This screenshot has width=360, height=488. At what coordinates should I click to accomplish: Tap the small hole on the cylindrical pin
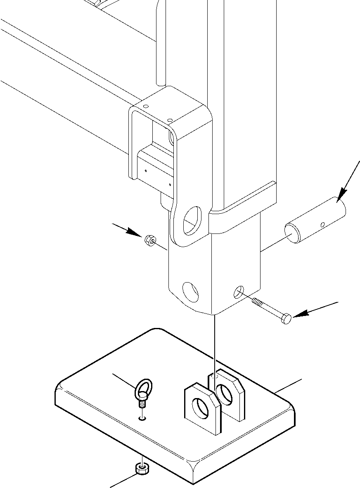tap(322, 225)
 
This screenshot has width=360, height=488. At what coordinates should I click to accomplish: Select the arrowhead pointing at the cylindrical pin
tap(342, 194)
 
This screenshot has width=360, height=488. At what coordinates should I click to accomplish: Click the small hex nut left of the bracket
tap(149, 240)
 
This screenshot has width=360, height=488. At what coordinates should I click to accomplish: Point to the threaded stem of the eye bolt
tap(142, 404)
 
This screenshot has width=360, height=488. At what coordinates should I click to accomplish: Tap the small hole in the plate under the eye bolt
tap(142, 418)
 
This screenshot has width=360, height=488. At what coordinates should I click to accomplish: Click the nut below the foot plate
tap(141, 469)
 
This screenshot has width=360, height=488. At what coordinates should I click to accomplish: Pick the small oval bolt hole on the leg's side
tap(239, 293)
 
